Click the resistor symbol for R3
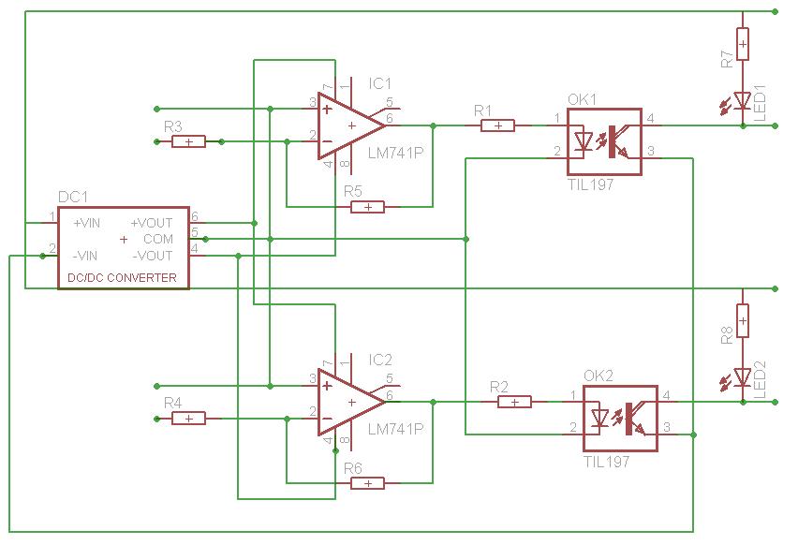click(189, 141)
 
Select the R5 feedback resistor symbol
click(367, 207)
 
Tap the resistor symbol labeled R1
click(497, 125)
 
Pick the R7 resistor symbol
click(743, 44)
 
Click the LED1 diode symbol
click(742, 101)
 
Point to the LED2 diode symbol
click(742, 377)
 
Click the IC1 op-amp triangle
click(351, 125)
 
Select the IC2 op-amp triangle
click(351, 402)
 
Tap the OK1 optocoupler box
click(604, 141)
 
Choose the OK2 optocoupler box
click(620, 419)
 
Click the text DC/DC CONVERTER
click(122, 278)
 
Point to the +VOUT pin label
click(152, 223)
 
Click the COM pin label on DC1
click(158, 239)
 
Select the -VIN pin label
click(85, 256)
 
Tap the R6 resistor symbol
click(367, 483)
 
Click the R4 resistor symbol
click(189, 419)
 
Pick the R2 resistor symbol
click(514, 402)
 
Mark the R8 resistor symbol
click(743, 320)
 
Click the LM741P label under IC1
click(395, 153)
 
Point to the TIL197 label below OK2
click(607, 462)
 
